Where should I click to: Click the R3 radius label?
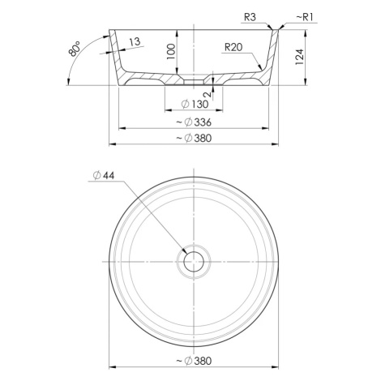pos(250,17)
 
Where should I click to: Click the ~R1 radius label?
pos(305,17)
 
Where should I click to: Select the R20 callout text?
pos(233,48)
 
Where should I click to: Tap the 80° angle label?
pos(75,49)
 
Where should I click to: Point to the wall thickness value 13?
pos(135,42)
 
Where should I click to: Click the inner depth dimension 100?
pos(171,52)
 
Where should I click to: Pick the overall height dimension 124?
pos(300,57)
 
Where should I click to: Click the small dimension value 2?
pos(208,94)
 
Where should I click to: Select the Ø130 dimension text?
pos(195,104)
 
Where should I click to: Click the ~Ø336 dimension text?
pos(194,122)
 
